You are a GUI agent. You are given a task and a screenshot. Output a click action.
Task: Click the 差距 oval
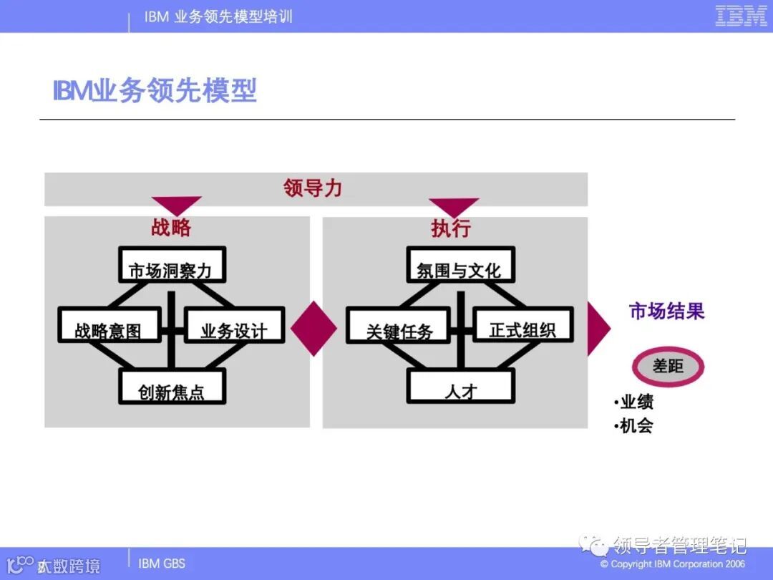(668, 367)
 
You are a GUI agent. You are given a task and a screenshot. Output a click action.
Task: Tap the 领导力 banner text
(313, 188)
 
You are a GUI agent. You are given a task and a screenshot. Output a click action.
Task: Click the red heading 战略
(171, 228)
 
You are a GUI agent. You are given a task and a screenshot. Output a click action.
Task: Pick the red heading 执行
(451, 228)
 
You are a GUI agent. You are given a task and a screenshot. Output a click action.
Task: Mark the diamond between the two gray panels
(313, 328)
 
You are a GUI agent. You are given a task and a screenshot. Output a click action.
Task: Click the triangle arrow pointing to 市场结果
(597, 328)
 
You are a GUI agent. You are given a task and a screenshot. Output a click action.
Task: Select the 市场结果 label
(666, 311)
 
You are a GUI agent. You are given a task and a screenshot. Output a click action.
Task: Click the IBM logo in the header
(741, 16)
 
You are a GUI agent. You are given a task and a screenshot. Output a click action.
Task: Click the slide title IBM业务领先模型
(155, 92)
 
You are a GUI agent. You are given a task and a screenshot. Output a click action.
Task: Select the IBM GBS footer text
(162, 564)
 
